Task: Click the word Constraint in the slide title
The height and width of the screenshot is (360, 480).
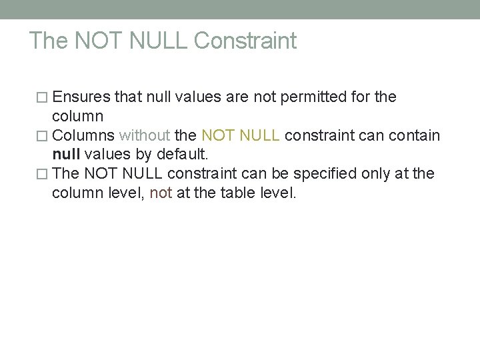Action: (245, 41)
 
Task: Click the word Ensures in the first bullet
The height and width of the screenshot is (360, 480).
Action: (81, 97)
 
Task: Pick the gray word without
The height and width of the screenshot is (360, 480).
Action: (144, 135)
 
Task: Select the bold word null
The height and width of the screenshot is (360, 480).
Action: (66, 155)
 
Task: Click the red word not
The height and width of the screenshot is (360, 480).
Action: (161, 193)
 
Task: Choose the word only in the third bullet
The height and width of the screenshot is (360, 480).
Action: (377, 174)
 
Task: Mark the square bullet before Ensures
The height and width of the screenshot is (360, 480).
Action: (44, 98)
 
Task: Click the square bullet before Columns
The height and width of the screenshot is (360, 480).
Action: (44, 136)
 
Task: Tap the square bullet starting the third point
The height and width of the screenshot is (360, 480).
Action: (44, 175)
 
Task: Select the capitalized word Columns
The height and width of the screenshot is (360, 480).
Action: (83, 135)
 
